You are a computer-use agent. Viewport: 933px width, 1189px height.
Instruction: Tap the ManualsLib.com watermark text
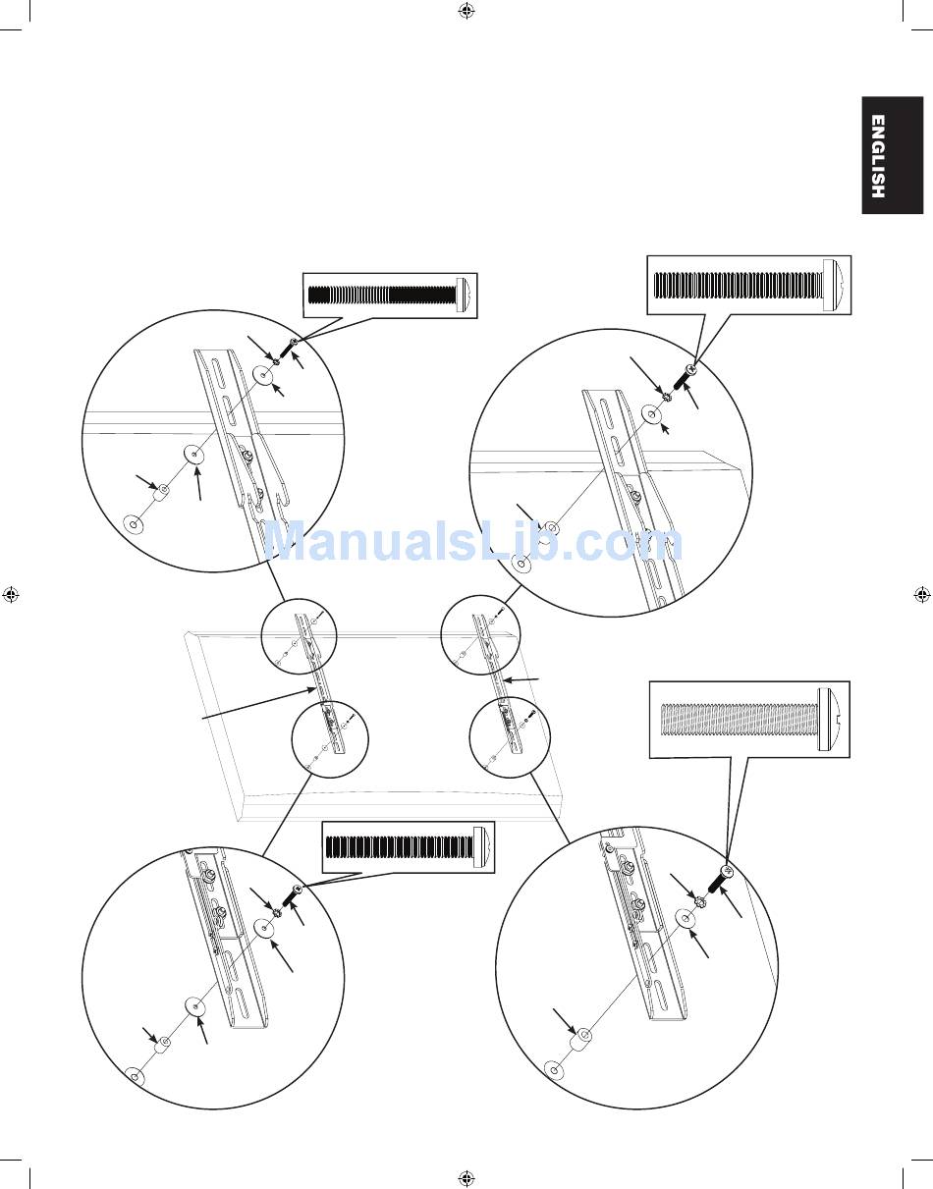click(x=473, y=542)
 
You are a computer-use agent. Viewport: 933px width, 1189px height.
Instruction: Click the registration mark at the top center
click(x=466, y=11)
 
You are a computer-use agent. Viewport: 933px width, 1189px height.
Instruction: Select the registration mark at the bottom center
click(x=466, y=1178)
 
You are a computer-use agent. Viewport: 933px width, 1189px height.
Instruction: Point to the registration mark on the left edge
click(x=11, y=594)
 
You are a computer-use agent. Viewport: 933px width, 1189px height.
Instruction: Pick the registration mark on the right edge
click(x=922, y=594)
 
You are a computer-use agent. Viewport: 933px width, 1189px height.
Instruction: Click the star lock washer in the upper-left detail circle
click(x=275, y=360)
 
